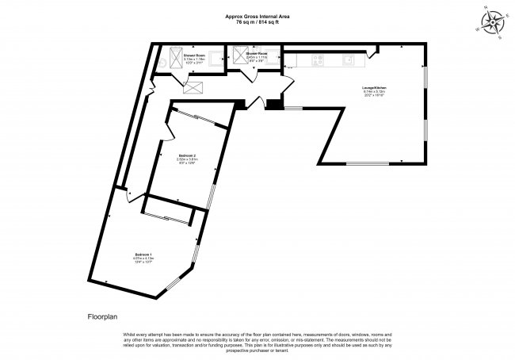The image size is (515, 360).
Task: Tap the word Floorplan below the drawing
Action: coord(102,316)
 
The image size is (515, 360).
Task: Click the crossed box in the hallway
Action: coord(193,86)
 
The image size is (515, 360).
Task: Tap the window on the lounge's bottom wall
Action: coord(373,163)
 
